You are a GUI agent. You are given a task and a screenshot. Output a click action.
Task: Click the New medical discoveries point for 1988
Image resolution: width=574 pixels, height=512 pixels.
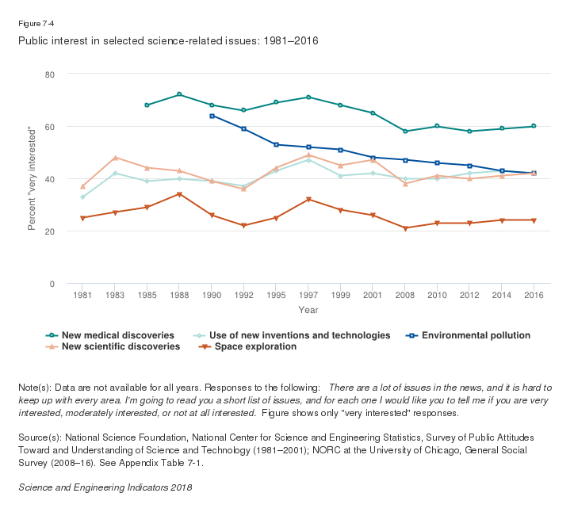179,94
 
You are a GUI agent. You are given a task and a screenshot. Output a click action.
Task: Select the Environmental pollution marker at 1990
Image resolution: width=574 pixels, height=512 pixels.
212,116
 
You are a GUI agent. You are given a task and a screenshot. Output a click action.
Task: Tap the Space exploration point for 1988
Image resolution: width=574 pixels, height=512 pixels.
179,194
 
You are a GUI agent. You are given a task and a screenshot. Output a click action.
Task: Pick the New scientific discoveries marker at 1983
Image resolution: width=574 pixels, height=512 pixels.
115,158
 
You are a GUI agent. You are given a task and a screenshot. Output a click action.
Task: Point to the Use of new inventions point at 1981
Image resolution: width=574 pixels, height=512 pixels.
82,197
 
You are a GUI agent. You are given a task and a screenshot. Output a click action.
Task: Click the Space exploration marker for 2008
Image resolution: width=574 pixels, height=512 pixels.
404,228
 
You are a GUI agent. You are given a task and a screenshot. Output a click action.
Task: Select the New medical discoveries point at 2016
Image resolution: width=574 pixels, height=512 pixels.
534,126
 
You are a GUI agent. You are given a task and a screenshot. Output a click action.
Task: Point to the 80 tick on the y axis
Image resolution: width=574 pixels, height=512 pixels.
49,74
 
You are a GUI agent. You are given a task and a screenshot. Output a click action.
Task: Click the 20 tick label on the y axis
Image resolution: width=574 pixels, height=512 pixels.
49,231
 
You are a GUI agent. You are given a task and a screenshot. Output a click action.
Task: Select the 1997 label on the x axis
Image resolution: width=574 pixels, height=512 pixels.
308,296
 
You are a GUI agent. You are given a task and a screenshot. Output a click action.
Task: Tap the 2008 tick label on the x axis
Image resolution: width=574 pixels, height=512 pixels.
404,296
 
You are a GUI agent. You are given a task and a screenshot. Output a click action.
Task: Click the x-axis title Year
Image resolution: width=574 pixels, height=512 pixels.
308,310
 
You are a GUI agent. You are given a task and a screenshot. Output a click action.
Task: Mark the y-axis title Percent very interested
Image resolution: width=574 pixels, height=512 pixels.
32,178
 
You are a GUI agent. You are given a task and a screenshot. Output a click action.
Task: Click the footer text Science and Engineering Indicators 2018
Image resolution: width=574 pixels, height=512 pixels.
105,487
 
